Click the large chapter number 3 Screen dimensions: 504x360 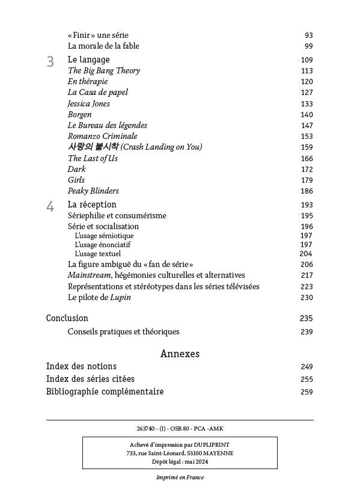[x=50, y=61]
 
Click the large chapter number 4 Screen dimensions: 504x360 [x=50, y=207]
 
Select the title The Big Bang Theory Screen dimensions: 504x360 [x=103, y=71]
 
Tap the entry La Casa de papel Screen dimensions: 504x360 [x=97, y=93]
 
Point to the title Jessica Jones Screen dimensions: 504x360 [x=88, y=103]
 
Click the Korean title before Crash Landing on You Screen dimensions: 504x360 [x=93, y=147]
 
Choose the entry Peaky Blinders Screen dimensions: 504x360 [x=93, y=191]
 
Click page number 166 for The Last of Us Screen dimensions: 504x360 [x=307, y=159]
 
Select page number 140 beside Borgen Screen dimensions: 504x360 [x=307, y=115]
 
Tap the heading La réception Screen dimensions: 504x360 [x=92, y=204]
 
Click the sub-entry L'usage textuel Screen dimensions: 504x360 [x=97, y=254]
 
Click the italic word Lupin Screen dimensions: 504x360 [x=120, y=297]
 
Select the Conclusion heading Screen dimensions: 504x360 [x=67, y=318]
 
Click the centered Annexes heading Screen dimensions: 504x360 [x=180, y=354]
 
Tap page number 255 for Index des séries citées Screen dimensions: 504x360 [x=307, y=380]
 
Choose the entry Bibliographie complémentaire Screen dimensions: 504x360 [x=105, y=392]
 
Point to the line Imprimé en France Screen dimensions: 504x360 [x=180, y=478]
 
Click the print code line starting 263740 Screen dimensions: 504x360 [x=180, y=428]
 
